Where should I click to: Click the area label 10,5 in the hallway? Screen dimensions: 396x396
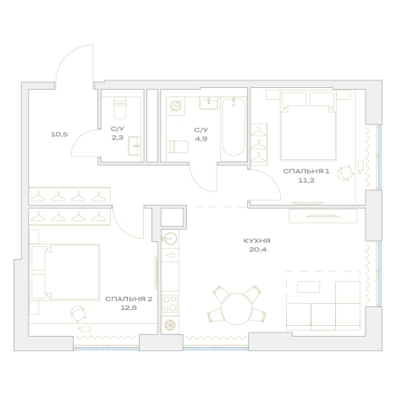59,135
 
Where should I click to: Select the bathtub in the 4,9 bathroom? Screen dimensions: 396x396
234,127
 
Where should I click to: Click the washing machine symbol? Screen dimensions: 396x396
175,106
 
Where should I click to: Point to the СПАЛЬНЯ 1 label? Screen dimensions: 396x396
306,171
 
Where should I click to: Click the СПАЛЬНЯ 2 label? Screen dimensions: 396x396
129,299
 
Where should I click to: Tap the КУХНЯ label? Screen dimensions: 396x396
256,241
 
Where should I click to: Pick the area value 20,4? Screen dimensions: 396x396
258,250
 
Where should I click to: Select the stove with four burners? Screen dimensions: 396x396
170,304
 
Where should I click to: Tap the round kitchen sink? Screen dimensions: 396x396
170,239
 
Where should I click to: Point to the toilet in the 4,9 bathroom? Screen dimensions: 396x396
178,147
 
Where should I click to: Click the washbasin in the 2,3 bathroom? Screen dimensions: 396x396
135,146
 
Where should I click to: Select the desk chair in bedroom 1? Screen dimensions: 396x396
345,173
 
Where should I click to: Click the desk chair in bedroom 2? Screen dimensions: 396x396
78,313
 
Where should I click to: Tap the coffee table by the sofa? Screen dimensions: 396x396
309,287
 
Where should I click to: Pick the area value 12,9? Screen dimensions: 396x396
129,308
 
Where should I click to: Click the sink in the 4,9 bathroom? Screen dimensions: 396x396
209,103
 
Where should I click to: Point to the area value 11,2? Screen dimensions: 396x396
306,180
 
